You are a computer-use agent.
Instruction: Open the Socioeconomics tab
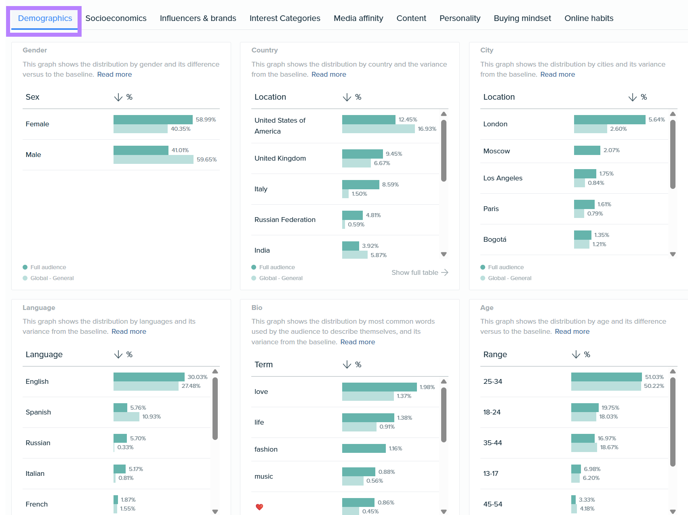click(116, 18)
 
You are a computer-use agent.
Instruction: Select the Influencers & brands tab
click(198, 18)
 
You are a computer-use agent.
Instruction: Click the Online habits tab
click(589, 18)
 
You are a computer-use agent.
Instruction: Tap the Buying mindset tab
click(522, 18)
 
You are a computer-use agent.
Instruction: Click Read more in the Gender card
click(114, 74)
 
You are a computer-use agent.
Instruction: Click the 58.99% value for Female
click(206, 119)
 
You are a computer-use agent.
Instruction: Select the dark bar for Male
click(141, 150)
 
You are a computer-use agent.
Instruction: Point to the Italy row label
click(261, 189)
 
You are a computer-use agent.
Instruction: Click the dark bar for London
click(609, 119)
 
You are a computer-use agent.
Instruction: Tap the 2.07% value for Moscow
click(611, 150)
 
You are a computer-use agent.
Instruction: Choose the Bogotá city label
click(494, 239)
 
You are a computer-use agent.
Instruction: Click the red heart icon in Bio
click(259, 507)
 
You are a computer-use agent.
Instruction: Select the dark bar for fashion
click(364, 448)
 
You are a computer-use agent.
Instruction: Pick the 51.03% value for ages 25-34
click(654, 377)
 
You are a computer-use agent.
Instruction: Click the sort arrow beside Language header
click(118, 354)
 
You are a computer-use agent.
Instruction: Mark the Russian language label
click(38, 443)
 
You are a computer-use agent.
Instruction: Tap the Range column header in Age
click(495, 354)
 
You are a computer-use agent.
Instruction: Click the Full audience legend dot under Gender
click(25, 267)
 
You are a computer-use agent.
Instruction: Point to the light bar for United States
click(378, 129)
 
